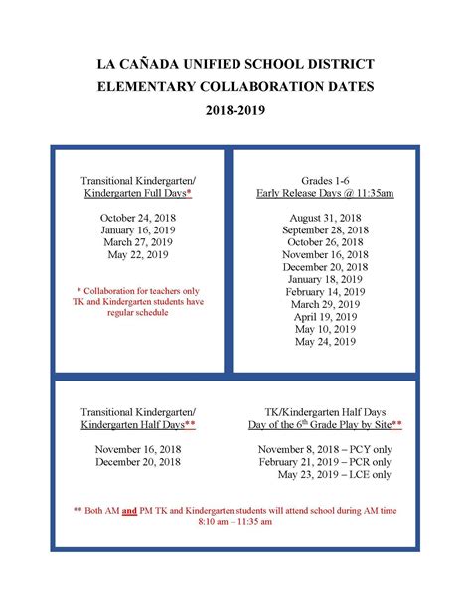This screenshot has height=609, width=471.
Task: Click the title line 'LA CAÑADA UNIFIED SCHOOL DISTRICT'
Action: pos(235,65)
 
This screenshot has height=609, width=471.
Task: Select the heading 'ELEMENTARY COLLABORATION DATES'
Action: pos(235,87)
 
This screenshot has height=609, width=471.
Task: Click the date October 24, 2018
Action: pos(138,217)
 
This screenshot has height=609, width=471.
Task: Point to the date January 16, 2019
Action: pos(138,229)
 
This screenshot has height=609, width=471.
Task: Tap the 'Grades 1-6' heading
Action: pos(326,180)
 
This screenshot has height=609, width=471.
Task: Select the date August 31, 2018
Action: pos(326,217)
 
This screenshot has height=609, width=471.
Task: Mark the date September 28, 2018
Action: pos(326,229)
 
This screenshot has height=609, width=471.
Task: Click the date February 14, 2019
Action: pos(326,292)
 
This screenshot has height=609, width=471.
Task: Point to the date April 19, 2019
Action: pos(326,317)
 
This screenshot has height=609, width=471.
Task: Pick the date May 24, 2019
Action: pos(326,342)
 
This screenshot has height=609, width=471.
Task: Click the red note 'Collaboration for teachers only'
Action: pos(138,290)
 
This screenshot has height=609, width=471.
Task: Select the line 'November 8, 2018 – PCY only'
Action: pos(326,449)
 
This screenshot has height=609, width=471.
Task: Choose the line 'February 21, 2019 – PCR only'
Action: pos(326,462)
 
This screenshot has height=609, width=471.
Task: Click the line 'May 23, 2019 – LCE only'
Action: pos(326,475)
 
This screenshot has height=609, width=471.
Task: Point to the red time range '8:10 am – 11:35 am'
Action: pos(235,520)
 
